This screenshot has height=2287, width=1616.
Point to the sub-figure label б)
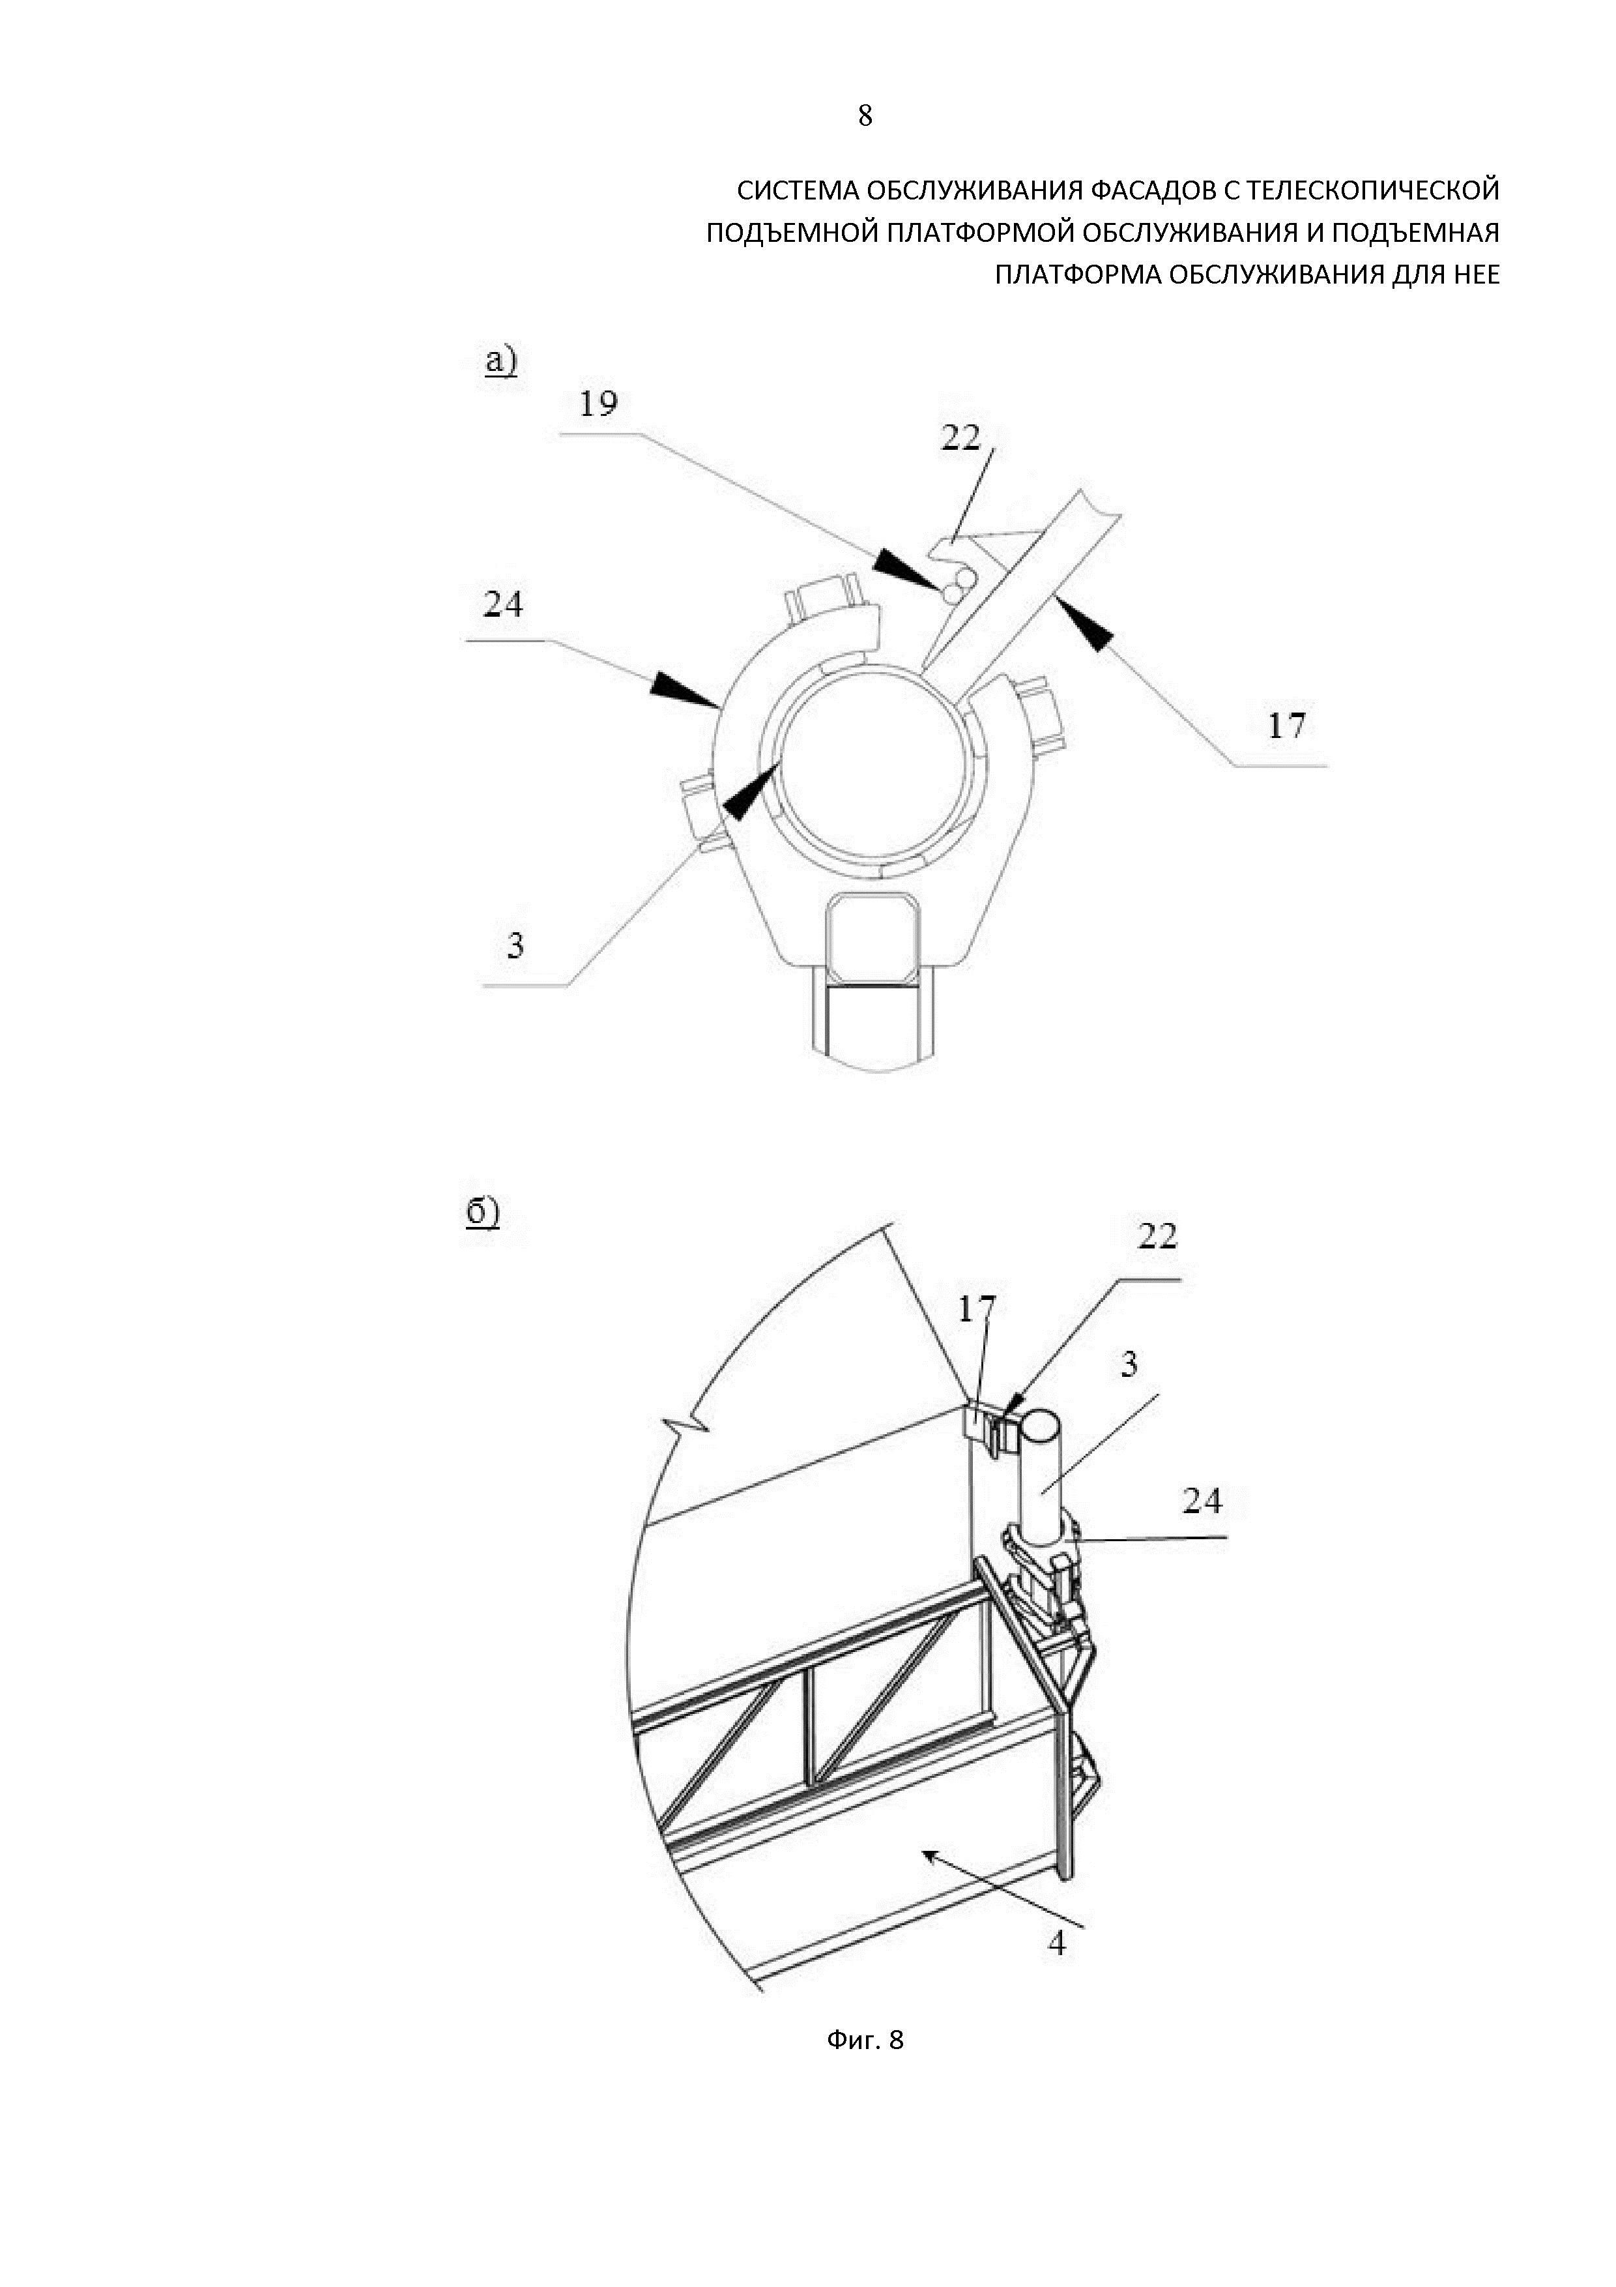(x=483, y=1212)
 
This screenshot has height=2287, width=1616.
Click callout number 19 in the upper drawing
(x=598, y=404)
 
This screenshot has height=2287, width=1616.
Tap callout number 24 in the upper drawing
(x=503, y=604)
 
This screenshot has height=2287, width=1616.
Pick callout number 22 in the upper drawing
(x=961, y=437)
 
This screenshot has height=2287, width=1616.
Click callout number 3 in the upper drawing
(x=515, y=944)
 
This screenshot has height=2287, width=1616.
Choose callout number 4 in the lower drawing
(x=1058, y=1942)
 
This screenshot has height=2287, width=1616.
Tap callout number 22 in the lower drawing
(x=1157, y=1236)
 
